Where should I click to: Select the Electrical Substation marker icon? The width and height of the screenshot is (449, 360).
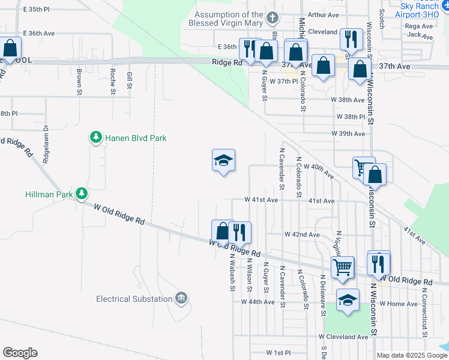[181, 298]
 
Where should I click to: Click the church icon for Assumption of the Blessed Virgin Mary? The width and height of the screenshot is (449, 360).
[273, 17]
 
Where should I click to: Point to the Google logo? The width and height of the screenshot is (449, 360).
[20, 353]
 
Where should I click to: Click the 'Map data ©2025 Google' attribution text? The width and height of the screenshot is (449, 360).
[411, 355]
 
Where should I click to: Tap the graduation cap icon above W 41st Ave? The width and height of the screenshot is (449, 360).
[223, 160]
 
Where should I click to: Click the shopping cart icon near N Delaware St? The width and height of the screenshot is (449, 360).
[343, 266]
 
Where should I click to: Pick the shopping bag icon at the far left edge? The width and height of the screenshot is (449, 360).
[10, 48]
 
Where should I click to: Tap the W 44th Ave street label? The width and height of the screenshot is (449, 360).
[258, 302]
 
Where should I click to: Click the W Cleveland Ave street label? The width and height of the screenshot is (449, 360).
[346, 337]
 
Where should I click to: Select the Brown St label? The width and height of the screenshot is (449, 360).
[79, 82]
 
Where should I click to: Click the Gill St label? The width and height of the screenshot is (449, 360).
[129, 79]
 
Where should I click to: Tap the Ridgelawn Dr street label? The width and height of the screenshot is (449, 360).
[46, 144]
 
